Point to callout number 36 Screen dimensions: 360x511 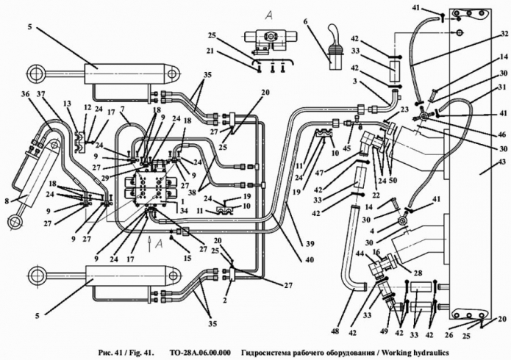click(26, 93)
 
